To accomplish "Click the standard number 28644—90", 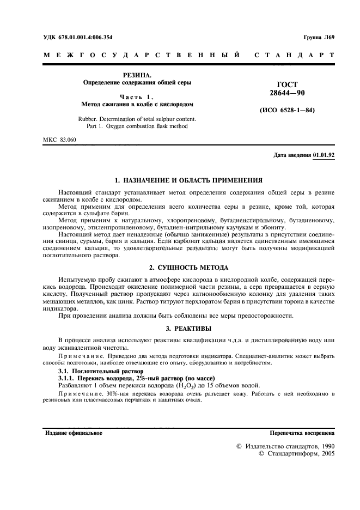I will pyautogui.click(x=287, y=94).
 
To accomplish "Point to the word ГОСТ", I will pyautogui.click(x=287, y=85).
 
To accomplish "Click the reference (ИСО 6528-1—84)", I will pyautogui.click(x=287, y=111).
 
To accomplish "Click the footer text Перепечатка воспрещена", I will pyautogui.click(x=302, y=433).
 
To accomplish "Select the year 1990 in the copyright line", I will pyautogui.click(x=324, y=446).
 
